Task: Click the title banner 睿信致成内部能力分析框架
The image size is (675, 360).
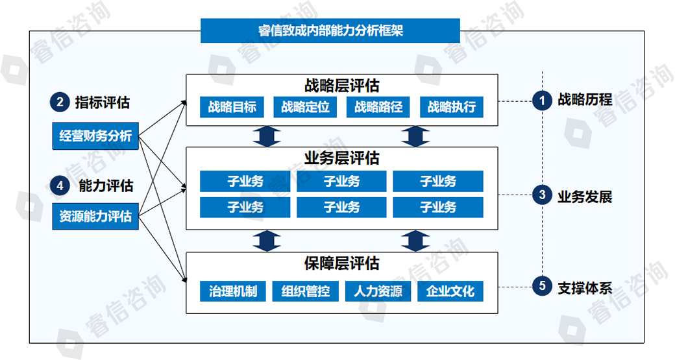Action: (330, 30)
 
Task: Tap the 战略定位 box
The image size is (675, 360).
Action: (305, 107)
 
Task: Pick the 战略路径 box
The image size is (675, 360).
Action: (378, 107)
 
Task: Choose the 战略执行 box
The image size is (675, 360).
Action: (452, 107)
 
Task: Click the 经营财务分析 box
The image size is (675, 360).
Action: (95, 136)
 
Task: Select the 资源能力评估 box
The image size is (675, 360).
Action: (95, 216)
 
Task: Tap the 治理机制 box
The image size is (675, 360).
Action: (232, 291)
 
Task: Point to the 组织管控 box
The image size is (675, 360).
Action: (305, 291)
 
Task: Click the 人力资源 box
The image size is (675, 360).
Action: (378, 291)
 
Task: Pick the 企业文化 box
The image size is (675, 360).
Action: (450, 291)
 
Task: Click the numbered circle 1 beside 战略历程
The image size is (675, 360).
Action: (541, 101)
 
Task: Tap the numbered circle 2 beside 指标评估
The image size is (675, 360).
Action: (60, 102)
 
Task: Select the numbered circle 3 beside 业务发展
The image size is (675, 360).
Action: (541, 195)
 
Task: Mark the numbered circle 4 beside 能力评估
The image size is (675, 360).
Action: (60, 186)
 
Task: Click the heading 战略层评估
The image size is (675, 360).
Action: (341, 86)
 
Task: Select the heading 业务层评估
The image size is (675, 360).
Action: (341, 158)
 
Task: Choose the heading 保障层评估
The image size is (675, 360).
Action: (341, 264)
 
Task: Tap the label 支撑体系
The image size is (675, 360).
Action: (584, 287)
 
